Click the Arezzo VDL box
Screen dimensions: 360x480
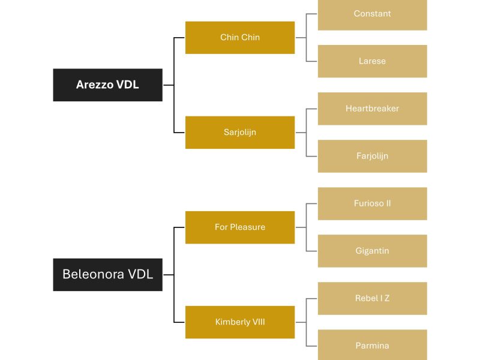(x=107, y=85)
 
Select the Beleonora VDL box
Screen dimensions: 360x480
(x=107, y=274)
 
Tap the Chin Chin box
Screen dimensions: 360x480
(x=240, y=37)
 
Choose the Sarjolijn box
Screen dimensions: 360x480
(x=240, y=132)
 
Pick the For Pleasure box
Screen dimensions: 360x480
(x=240, y=227)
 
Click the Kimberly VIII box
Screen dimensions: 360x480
(x=240, y=322)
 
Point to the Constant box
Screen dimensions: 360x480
(x=372, y=14)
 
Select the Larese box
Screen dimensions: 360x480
(x=372, y=61)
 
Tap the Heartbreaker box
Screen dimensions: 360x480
(x=372, y=109)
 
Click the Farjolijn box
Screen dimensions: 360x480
(x=372, y=156)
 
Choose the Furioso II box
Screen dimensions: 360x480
(x=372, y=203)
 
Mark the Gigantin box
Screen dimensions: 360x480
(x=372, y=251)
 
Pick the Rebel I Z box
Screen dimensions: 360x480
(x=372, y=298)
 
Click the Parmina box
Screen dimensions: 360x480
(x=372, y=345)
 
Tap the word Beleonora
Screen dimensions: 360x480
(x=93, y=274)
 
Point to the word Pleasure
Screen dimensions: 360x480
(x=248, y=227)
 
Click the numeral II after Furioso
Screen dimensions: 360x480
(x=388, y=203)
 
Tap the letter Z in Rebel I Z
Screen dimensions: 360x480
(x=387, y=298)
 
